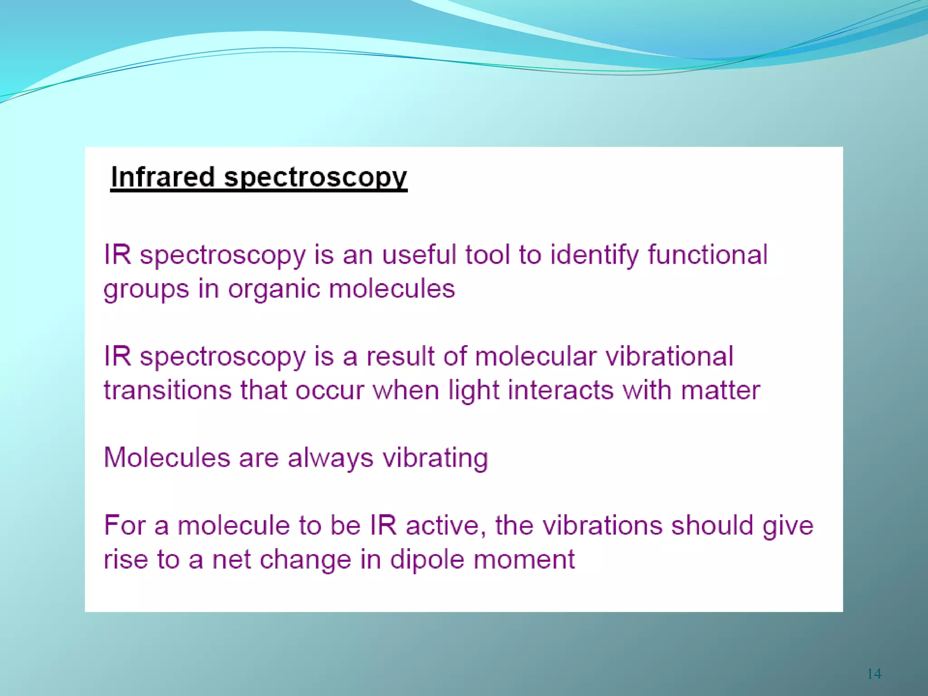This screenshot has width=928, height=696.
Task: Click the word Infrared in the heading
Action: click(162, 177)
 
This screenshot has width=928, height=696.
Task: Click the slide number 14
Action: click(874, 674)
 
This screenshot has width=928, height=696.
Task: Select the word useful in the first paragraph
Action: click(419, 254)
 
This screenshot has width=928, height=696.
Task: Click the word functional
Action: click(707, 254)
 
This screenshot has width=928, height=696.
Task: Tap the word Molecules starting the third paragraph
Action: click(167, 457)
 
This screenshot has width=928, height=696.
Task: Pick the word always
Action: click(330, 458)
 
